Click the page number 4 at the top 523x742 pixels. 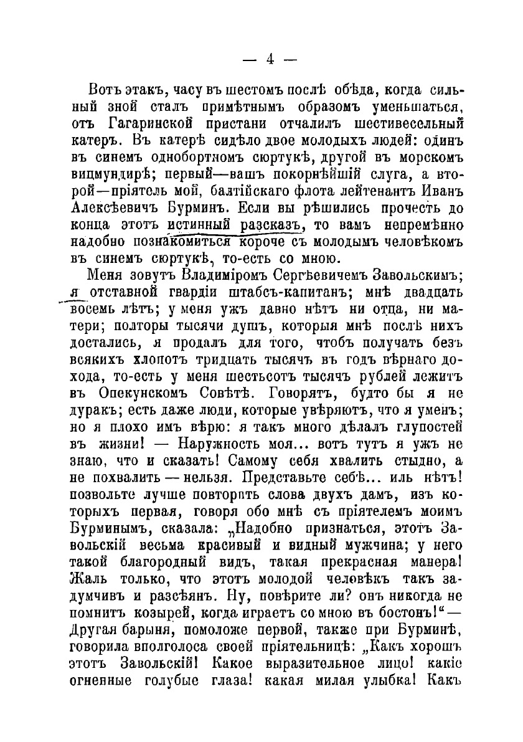tap(270, 60)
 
